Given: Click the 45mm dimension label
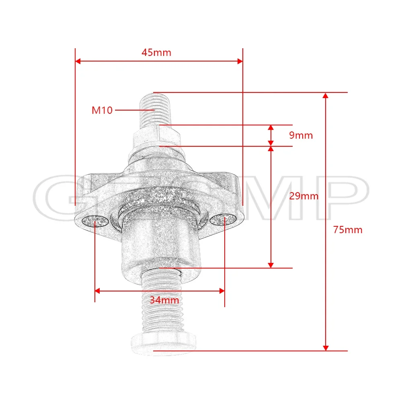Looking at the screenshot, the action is coord(156,53).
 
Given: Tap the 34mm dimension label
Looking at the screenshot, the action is coord(164,300).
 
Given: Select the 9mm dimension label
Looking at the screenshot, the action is coord(301,135).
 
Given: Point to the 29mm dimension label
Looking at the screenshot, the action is coord(304,196).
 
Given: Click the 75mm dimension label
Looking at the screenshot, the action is coord(348,230).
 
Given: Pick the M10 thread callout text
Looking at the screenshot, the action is coord(102,110).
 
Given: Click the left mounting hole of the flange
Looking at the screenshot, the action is coord(95,220).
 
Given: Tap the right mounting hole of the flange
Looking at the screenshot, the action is coord(223,219).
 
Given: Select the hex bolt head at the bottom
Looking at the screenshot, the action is coord(164,344).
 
